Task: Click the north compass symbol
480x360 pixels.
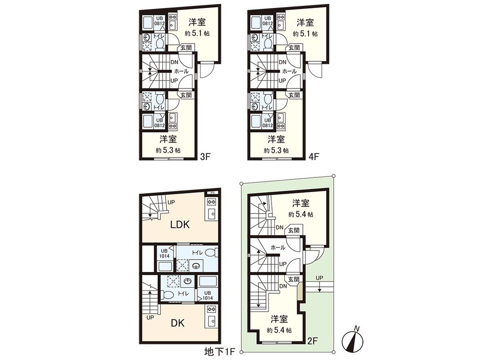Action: pyautogui.click(x=353, y=340)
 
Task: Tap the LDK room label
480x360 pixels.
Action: pyautogui.click(x=180, y=224)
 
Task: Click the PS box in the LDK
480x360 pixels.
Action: pyautogui.click(x=212, y=192)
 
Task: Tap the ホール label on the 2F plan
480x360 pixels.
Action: pyautogui.click(x=277, y=248)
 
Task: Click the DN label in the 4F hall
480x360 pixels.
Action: pyautogui.click(x=282, y=62)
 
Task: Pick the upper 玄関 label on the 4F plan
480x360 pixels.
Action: pyautogui.click(x=294, y=48)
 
